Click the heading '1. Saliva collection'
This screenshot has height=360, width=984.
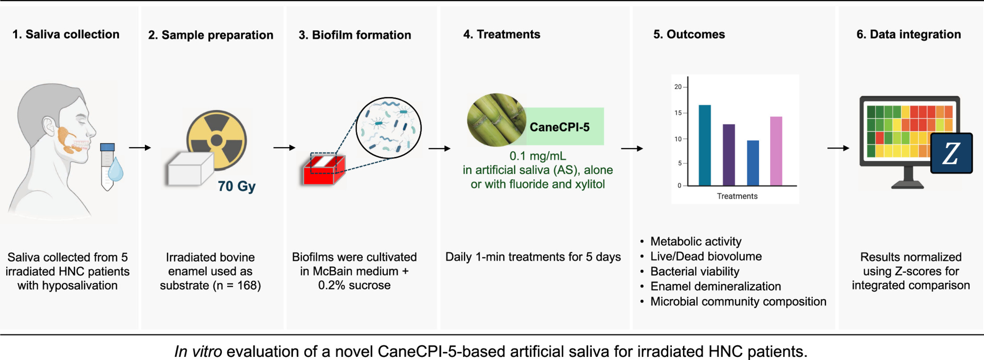tap(66, 34)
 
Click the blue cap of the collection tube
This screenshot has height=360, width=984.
tap(107, 147)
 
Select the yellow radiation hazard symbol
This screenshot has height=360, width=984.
tap(217, 140)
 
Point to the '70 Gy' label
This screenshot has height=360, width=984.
tap(237, 186)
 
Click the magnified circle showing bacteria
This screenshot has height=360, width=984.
tap(388, 128)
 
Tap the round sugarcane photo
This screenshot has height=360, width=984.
tap(496, 120)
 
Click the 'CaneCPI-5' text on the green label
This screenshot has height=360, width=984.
tap(559, 127)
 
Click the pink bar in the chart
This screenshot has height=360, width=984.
tap(776, 151)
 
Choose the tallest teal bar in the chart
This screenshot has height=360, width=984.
tap(705, 145)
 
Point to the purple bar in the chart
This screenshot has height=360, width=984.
tap(729, 155)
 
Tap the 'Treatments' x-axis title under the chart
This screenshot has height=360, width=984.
tap(737, 196)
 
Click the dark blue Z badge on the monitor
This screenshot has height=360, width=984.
tap(951, 153)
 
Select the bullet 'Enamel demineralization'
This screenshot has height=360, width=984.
tap(715, 286)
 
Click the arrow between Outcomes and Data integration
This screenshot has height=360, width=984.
tap(838, 148)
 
